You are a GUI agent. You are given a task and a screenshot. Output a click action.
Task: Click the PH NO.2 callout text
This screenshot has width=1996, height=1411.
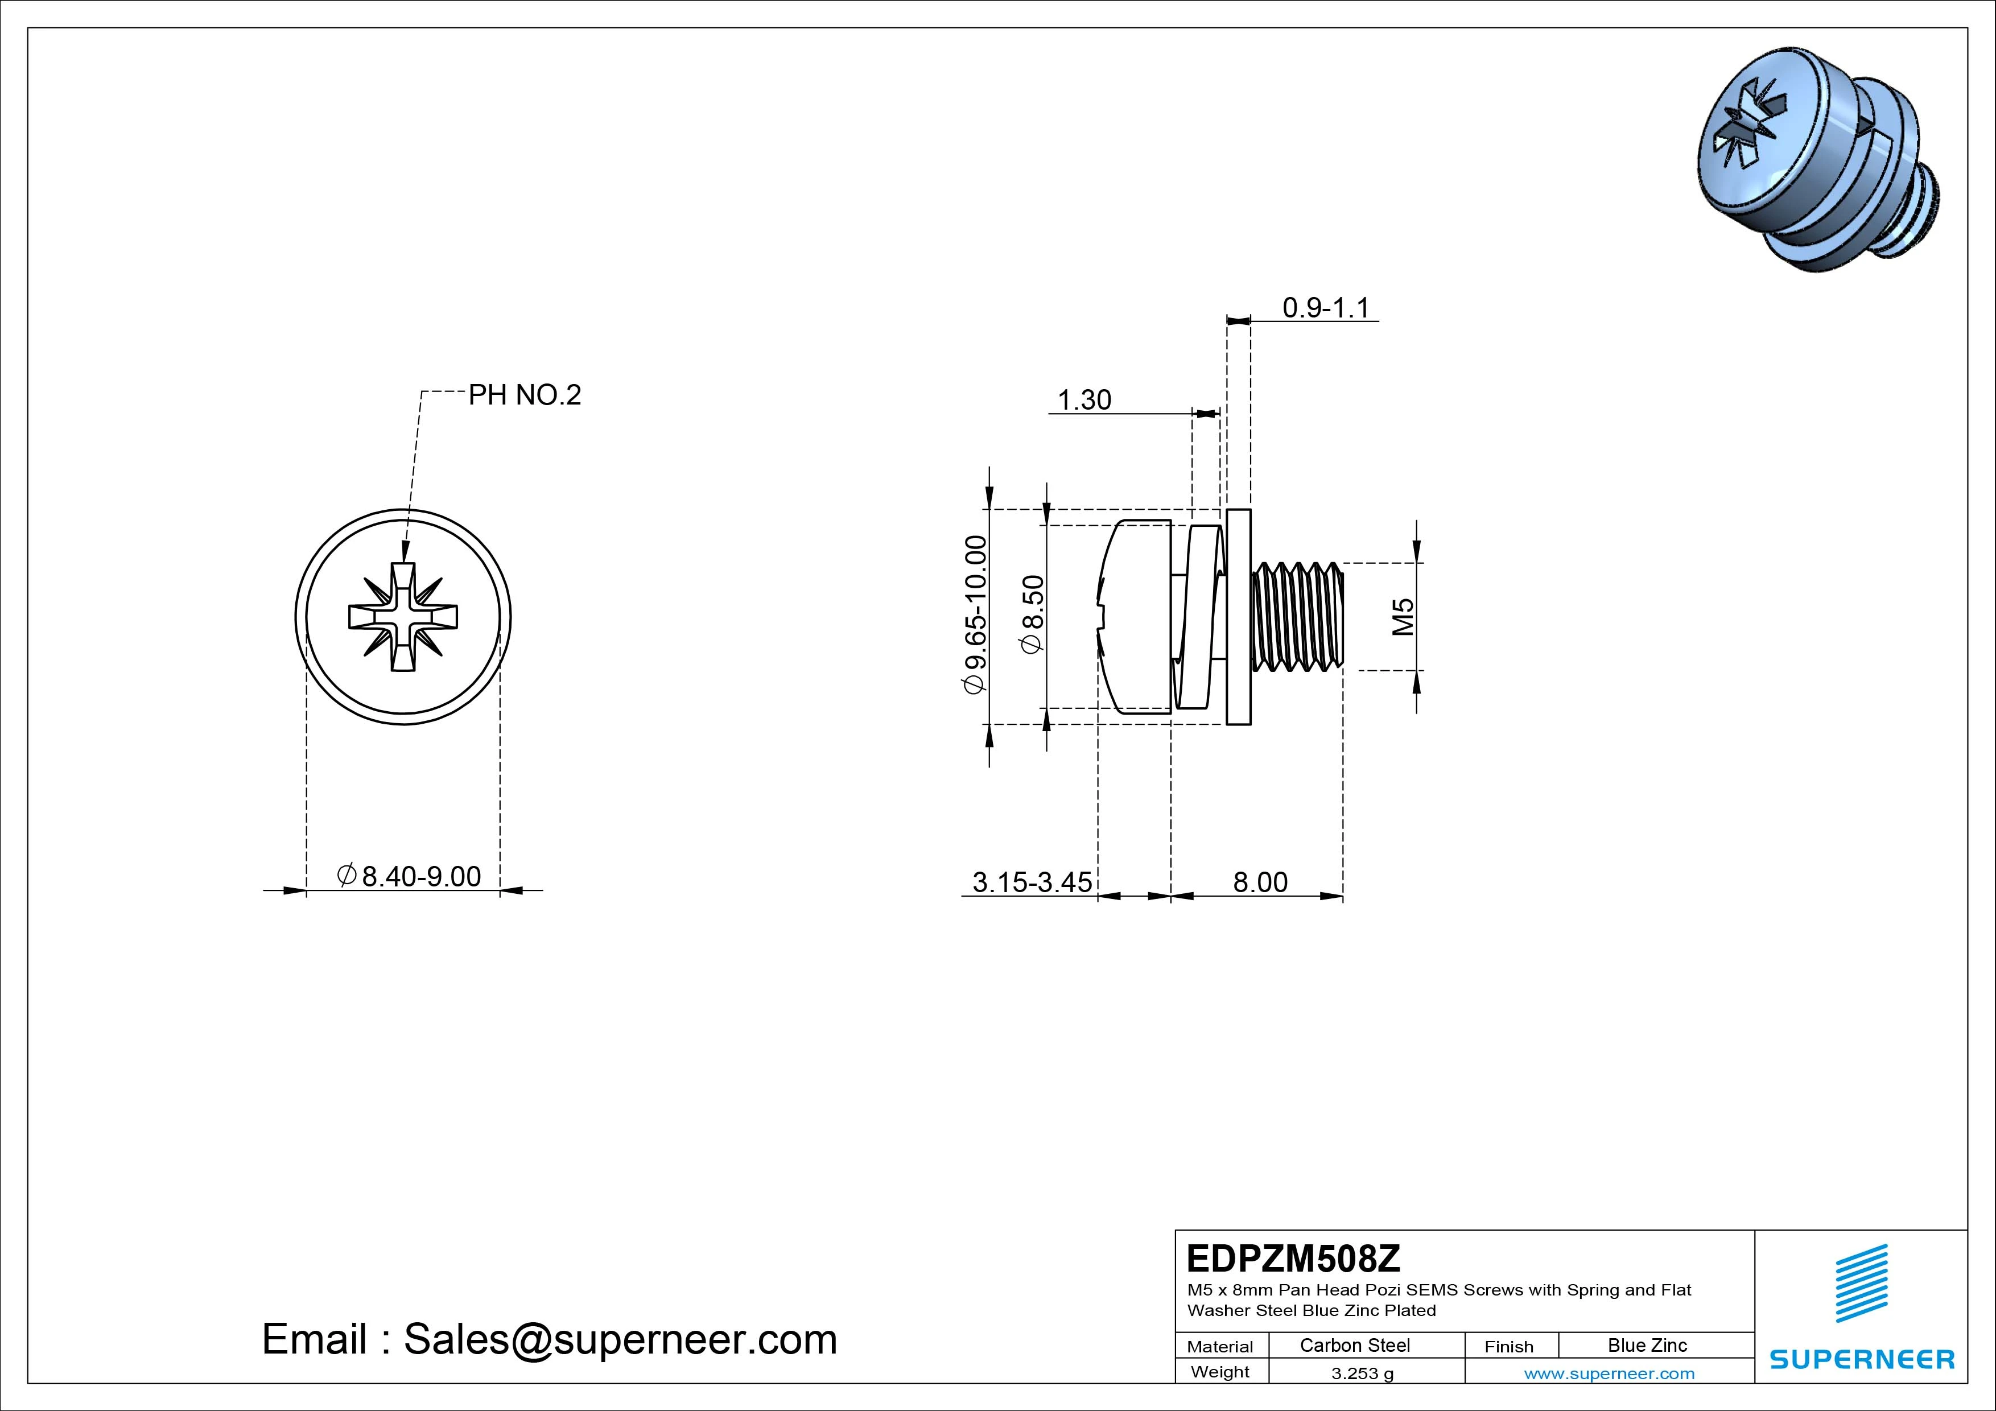pyautogui.click(x=524, y=395)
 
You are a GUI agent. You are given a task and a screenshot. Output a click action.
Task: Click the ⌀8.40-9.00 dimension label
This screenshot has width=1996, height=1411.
pyautogui.click(x=409, y=876)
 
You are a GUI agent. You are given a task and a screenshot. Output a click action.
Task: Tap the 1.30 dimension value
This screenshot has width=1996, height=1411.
pyautogui.click(x=1084, y=400)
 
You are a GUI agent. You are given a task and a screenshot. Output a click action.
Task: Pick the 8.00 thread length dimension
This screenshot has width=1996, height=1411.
pyautogui.click(x=1260, y=882)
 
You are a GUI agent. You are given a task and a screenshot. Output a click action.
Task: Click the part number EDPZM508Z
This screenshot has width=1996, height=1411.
pyautogui.click(x=1293, y=1258)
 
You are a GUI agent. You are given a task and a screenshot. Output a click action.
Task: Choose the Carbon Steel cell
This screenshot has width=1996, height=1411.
pyautogui.click(x=1354, y=1346)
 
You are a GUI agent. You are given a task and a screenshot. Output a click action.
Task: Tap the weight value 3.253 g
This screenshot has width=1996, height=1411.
pyautogui.click(x=1362, y=1373)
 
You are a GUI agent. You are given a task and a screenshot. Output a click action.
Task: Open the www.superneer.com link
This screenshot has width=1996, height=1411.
pyautogui.click(x=1609, y=1373)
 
